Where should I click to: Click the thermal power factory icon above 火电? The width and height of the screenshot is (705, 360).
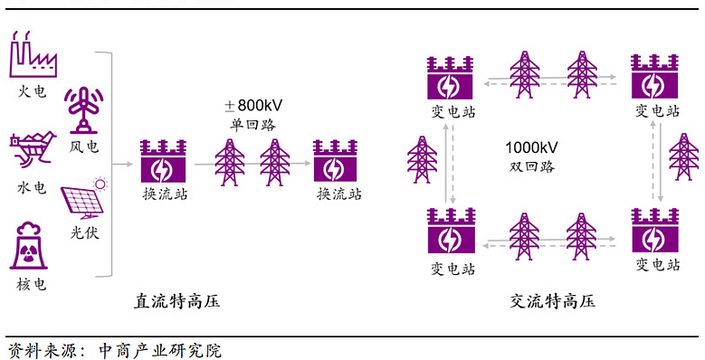(x=33, y=55)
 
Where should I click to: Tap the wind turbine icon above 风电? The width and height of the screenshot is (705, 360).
(x=84, y=110)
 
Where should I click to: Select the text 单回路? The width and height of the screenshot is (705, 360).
(x=252, y=124)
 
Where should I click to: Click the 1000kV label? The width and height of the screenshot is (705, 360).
(x=531, y=147)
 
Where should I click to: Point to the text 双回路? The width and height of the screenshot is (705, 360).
(x=531, y=166)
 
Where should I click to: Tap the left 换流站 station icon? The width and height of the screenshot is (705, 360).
(x=164, y=162)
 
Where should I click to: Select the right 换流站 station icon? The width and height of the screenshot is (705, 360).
(x=337, y=162)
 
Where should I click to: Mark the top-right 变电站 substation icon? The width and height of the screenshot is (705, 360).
(x=654, y=79)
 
